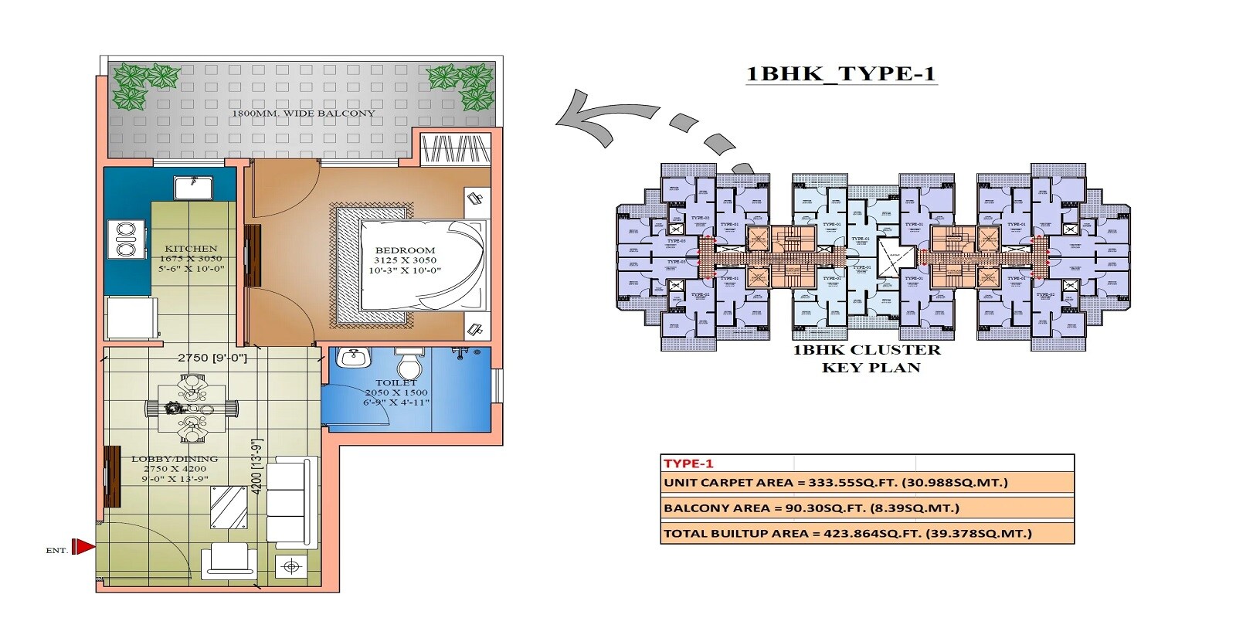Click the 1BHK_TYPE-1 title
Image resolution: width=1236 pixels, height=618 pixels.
pos(840,74)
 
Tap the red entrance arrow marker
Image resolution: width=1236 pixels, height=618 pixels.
pos(83,547)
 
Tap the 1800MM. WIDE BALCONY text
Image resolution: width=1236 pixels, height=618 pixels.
pos(303,114)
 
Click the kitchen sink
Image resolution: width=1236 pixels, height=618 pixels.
pos(192,188)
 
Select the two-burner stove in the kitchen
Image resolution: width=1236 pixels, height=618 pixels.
pos(126,239)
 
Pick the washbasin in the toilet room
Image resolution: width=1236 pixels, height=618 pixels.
pos(354,358)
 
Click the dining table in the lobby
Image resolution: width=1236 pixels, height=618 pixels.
pos(192,408)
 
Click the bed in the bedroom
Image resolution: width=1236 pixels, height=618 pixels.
pos(421,265)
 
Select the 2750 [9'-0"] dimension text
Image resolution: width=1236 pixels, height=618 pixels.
pos(212,358)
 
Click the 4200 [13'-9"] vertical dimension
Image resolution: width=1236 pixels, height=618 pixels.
pos(257,467)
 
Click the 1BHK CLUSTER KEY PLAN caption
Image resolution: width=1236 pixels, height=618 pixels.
pos(871,358)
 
